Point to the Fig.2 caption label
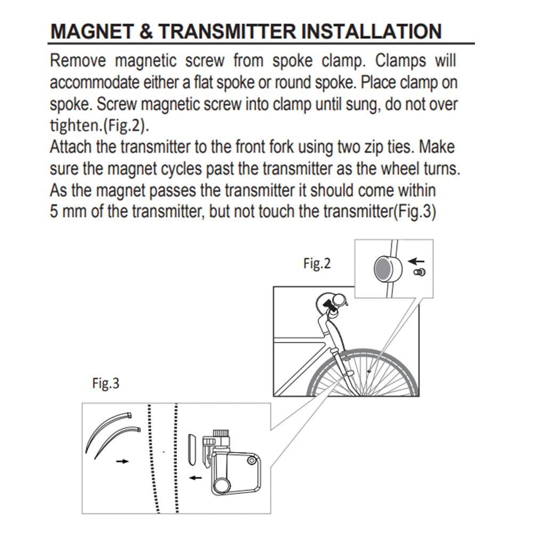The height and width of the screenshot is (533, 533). (317, 264)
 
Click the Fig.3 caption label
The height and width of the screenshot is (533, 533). (106, 383)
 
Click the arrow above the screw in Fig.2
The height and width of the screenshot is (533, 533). (416, 261)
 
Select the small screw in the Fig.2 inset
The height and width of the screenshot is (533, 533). (420, 272)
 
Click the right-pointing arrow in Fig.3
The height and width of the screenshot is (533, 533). (122, 461)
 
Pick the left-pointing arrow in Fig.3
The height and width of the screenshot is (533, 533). (195, 478)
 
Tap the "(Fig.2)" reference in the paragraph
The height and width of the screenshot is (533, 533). (125, 126)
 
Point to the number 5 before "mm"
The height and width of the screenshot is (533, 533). (54, 211)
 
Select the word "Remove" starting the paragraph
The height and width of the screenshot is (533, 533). (78, 61)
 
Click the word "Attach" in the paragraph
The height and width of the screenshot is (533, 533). (71, 147)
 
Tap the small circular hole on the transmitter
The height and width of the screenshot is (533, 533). (251, 461)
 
